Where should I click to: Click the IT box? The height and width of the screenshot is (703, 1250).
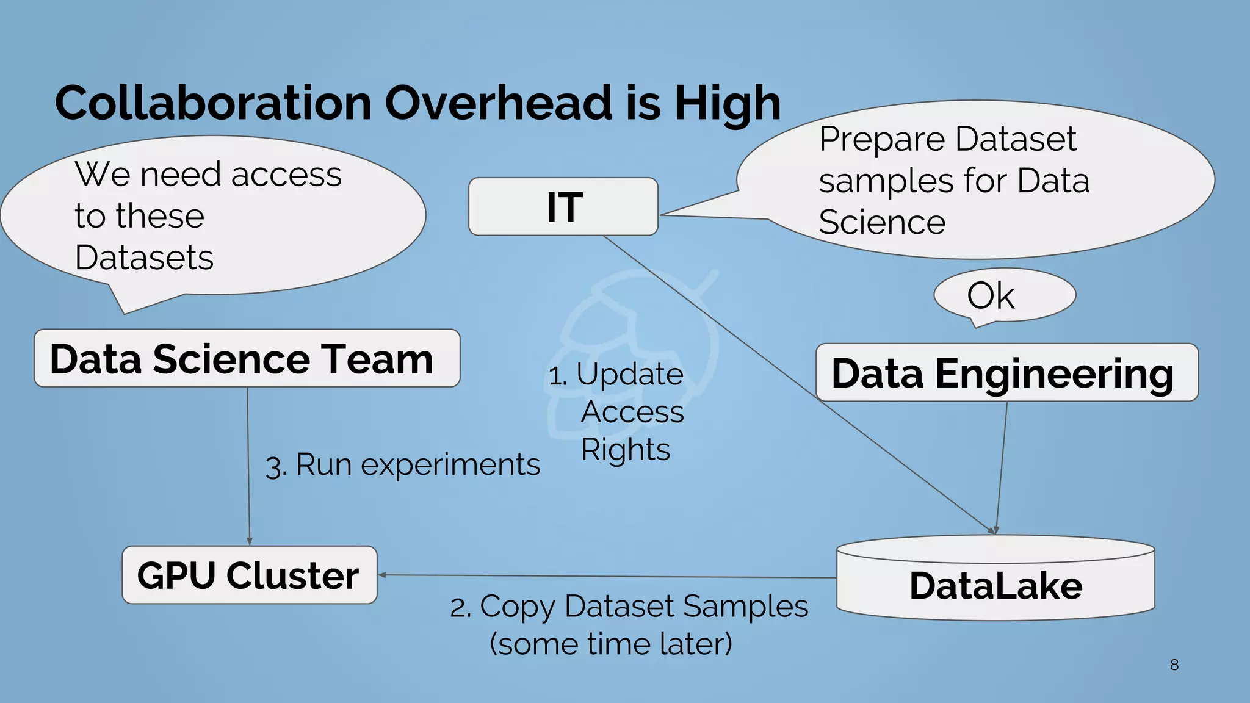tap(563, 207)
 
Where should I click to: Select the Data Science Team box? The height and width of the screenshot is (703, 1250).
tap(247, 359)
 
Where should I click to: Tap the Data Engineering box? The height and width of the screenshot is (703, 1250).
tap(1006, 373)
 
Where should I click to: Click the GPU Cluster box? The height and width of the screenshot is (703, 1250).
tap(249, 575)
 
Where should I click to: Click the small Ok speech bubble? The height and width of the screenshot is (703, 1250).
tap(1003, 295)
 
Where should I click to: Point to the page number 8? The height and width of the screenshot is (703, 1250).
tap(1174, 665)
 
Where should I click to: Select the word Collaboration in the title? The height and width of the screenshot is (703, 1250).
tap(213, 103)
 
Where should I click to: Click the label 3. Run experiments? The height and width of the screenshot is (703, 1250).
tap(403, 465)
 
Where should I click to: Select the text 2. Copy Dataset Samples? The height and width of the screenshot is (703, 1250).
tap(629, 607)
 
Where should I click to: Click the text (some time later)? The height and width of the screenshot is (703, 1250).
tap(610, 644)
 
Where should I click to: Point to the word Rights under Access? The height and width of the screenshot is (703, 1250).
tap(625, 450)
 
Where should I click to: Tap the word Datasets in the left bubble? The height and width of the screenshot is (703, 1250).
tap(144, 258)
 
